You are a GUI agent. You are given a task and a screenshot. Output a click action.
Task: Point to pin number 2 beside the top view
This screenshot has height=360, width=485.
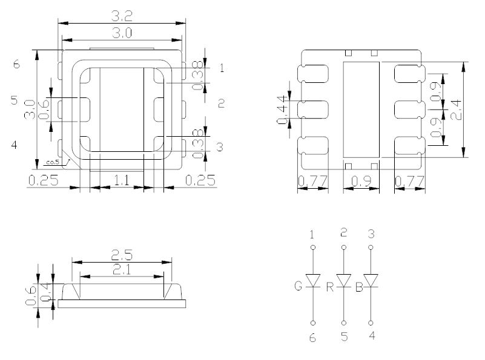tap(222, 103)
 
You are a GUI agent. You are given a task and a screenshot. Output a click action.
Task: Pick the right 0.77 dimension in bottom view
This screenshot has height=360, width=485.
tap(409, 181)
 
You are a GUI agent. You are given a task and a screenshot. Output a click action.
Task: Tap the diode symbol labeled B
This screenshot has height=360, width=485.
tap(372, 281)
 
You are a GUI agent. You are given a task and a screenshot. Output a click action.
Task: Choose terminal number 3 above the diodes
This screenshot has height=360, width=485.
tap(372, 232)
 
